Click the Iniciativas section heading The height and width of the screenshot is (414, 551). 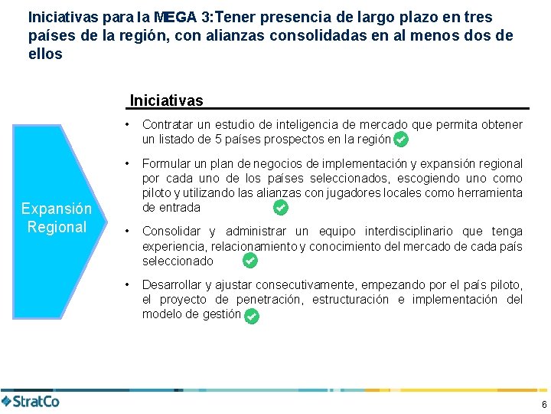point(166,100)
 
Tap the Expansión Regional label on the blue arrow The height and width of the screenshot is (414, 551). point(56,218)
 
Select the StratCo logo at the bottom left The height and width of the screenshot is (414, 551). point(31,401)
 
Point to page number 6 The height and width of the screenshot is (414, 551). point(543,404)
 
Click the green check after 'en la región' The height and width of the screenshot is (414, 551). point(400,140)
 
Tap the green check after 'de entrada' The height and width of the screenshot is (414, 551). point(280,208)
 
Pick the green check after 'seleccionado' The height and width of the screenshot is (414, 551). point(249,261)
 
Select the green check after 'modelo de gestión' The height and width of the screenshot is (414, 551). point(252,315)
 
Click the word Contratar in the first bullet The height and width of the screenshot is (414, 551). point(166,124)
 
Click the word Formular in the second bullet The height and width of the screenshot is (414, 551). point(165,163)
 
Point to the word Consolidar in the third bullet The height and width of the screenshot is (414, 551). point(171,232)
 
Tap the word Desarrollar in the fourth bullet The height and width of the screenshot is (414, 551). point(171,285)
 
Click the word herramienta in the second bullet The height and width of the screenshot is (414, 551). point(489,192)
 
